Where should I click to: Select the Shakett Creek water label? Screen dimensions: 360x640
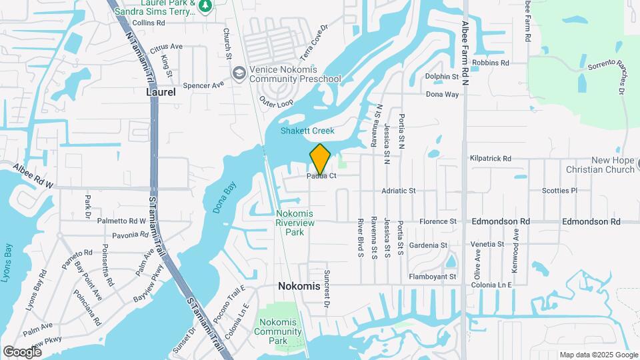click(x=307, y=131)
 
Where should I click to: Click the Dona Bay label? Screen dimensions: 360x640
click(x=225, y=197)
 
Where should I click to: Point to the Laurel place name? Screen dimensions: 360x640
click(x=161, y=93)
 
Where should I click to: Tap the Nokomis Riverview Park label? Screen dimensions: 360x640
click(x=295, y=223)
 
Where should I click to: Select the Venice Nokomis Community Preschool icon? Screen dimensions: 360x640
click(x=239, y=72)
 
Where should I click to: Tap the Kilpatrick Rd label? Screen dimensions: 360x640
click(x=490, y=159)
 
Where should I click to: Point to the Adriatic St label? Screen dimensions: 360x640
click(x=398, y=191)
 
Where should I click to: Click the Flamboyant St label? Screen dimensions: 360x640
click(x=432, y=277)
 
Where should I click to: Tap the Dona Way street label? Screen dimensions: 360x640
click(x=443, y=95)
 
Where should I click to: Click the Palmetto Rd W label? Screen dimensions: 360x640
click(x=121, y=221)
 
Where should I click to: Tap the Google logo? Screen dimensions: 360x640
click(x=23, y=351)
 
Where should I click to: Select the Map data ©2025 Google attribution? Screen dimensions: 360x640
click(x=599, y=355)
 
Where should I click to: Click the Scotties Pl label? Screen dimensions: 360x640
click(x=559, y=191)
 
